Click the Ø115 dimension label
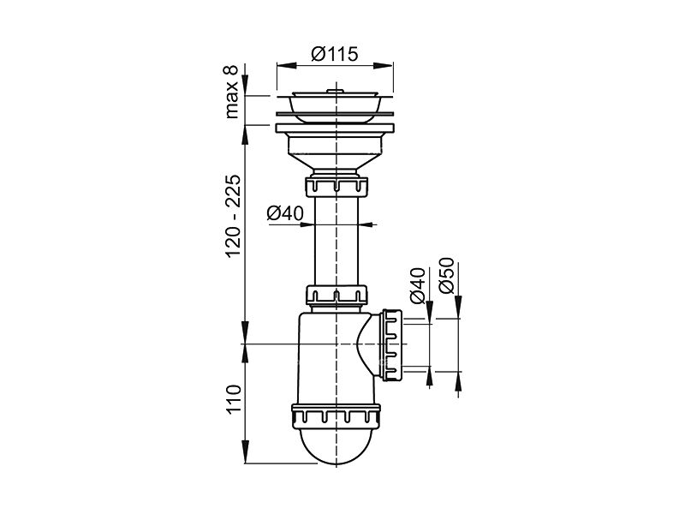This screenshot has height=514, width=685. pyautogui.click(x=335, y=54)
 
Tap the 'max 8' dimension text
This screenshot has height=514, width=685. pyautogui.click(x=231, y=92)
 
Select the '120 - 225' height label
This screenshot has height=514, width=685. pyautogui.click(x=232, y=216)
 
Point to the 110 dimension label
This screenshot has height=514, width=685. pyautogui.click(x=232, y=399)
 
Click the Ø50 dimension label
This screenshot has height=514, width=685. pyautogui.click(x=447, y=275)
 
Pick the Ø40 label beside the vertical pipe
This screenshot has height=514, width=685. pyautogui.click(x=285, y=213)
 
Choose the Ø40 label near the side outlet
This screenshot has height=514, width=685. pyautogui.click(x=417, y=285)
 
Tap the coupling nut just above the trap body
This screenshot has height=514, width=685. pyautogui.click(x=337, y=295)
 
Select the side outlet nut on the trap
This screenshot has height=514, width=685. pyautogui.click(x=391, y=345)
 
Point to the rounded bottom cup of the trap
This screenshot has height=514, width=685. pyautogui.click(x=336, y=445)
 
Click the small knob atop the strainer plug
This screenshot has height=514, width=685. pyautogui.click(x=336, y=90)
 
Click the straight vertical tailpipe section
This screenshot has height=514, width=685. pyautogui.click(x=337, y=241)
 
